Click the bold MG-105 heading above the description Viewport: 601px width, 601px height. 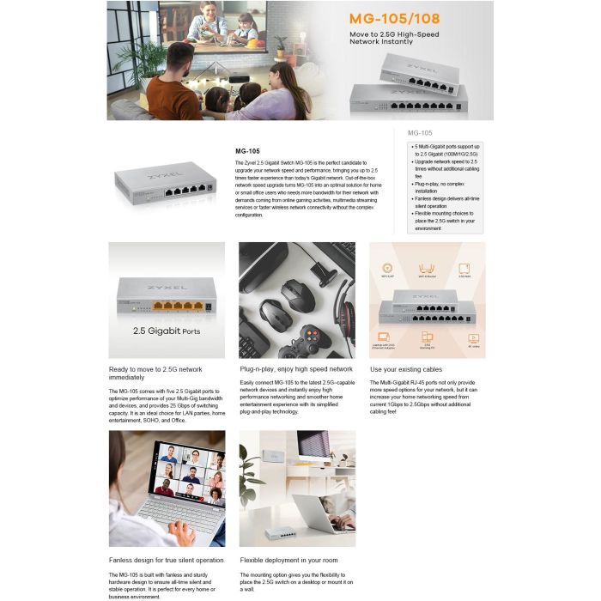(247, 150)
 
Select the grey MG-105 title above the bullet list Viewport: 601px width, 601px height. (420, 133)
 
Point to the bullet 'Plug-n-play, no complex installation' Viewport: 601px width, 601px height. (446, 186)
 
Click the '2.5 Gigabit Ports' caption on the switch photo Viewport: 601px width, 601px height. (167, 331)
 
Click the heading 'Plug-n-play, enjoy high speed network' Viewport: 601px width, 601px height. (296, 369)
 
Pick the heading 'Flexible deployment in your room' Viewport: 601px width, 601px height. (288, 560)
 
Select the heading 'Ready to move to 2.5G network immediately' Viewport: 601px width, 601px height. (155, 373)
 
